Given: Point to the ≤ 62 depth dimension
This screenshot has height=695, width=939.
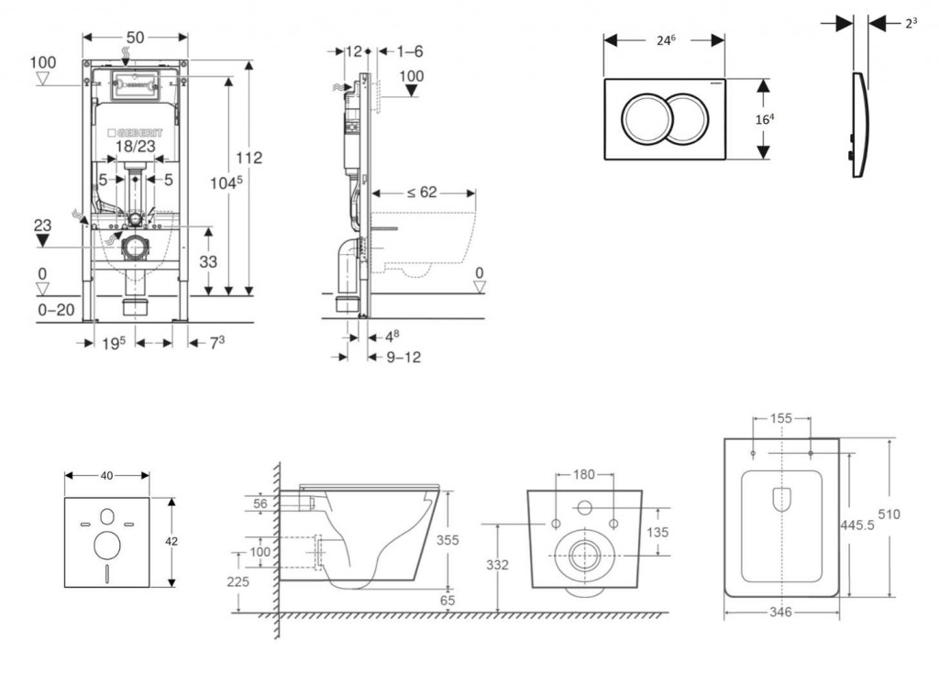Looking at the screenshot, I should coord(423,193).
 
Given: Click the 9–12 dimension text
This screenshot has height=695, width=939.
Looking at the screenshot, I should coord(403,357).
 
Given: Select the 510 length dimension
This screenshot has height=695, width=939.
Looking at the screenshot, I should coord(914,514).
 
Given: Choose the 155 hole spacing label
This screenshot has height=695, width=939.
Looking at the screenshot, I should coord(781,418).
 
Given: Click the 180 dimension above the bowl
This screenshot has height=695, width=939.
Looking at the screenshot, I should coord(584,475).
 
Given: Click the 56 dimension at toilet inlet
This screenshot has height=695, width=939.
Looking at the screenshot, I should coord(260,502).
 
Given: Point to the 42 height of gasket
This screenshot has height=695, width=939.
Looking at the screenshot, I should coord(171,542).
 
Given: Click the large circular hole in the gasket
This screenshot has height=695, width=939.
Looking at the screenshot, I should coord(107,546).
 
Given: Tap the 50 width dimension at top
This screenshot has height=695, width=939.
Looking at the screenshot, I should coord(135,38).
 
